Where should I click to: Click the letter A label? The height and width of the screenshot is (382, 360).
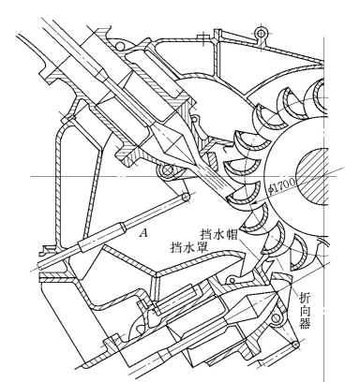(143, 232)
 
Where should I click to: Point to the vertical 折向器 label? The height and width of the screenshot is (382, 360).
(305, 311)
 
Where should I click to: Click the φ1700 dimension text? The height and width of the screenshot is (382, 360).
(282, 185)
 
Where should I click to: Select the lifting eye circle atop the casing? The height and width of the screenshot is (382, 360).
(261, 33)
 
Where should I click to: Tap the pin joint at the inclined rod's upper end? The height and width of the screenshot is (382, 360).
(186, 197)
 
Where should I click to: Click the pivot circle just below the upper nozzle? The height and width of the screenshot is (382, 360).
(168, 170)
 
